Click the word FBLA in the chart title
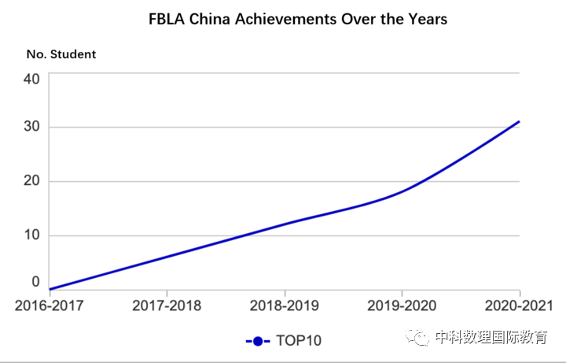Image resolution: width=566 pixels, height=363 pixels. point(167,18)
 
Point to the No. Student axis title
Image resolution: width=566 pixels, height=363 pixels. point(61,54)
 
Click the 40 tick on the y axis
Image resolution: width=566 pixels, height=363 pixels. point(31,79)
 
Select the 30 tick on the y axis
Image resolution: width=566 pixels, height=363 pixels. point(31,128)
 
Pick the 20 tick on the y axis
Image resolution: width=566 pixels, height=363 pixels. point(31,182)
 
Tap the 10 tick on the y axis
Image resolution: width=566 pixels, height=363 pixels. point(31,235)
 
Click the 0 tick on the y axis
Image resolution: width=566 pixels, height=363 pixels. point(35,281)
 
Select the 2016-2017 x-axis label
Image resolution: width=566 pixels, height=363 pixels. point(49,306)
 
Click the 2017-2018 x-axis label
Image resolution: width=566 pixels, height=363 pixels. point(167,306)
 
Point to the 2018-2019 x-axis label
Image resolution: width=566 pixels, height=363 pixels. point(284,306)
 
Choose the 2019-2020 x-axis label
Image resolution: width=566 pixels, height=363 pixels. point(402,306)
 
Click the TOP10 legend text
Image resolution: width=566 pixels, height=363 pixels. point(299,341)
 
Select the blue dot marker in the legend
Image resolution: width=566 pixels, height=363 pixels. point(257,341)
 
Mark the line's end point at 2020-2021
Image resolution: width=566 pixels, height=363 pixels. point(519,122)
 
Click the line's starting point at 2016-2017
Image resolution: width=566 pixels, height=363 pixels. point(50,289)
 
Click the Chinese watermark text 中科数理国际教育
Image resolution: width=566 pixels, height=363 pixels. point(491,338)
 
